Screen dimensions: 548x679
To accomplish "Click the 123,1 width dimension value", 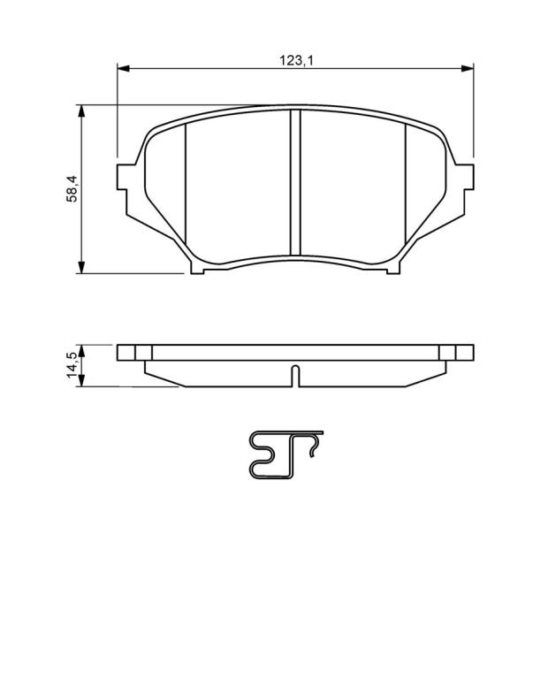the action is (295, 60).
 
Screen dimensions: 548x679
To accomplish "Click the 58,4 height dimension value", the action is (72, 188).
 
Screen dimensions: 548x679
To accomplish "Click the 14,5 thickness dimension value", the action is (72, 365).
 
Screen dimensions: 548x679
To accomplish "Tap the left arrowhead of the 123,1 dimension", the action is (124, 68).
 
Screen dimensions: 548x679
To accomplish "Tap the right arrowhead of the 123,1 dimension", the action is (468, 68).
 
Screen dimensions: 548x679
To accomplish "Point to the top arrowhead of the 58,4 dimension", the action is (81, 111).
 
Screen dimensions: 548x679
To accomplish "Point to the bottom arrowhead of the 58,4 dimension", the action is (81, 267).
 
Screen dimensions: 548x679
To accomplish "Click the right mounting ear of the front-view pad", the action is (465, 177).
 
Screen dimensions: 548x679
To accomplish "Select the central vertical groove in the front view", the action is (295, 182).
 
